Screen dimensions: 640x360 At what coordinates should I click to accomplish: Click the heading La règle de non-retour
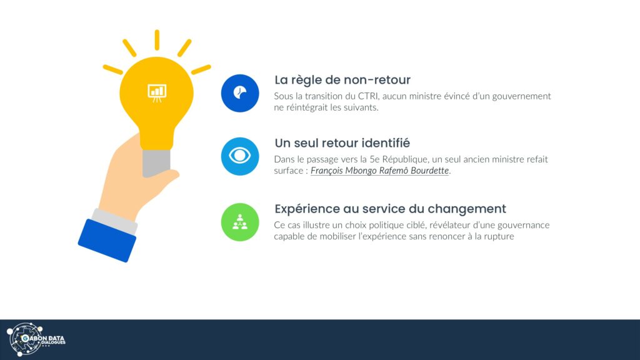[x=342, y=79]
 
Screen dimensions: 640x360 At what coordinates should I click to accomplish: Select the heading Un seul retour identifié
[x=342, y=143]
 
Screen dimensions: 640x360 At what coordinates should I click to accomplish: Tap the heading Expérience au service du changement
[x=390, y=209]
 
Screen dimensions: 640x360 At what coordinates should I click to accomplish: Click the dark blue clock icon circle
[x=240, y=93]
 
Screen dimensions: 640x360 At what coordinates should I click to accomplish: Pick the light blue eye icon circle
[x=240, y=156]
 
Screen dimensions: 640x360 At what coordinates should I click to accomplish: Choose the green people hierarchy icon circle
[x=240, y=222]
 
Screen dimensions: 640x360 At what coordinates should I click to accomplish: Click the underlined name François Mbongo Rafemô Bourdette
[x=379, y=171]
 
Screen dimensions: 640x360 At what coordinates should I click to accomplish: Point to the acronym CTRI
[x=368, y=96]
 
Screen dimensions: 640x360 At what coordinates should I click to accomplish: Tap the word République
[x=405, y=159]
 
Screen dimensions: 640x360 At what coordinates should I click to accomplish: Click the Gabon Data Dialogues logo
[x=36, y=339]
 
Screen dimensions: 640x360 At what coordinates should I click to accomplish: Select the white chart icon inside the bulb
[x=157, y=93]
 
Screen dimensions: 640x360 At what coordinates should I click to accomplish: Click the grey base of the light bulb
[x=156, y=163]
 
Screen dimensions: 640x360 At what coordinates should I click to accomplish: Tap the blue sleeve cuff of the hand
[x=107, y=241]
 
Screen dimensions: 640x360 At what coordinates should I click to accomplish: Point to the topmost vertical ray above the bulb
[x=157, y=40]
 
